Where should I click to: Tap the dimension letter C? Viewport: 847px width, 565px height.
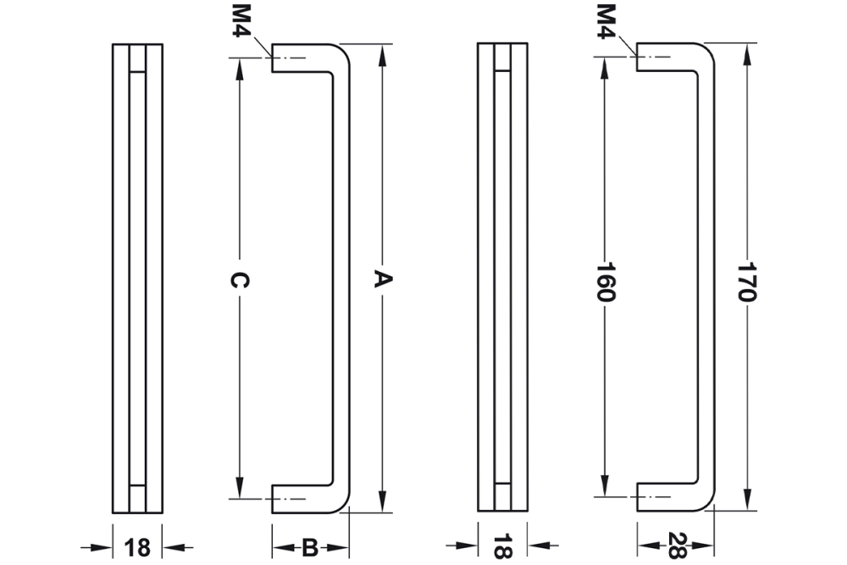[x=240, y=280]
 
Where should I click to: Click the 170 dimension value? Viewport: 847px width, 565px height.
[x=746, y=281]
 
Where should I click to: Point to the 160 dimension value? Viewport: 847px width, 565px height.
[x=605, y=282]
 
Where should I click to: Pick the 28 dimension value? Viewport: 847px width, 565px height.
[x=676, y=544]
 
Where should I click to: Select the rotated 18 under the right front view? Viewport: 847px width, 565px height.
[x=502, y=546]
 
